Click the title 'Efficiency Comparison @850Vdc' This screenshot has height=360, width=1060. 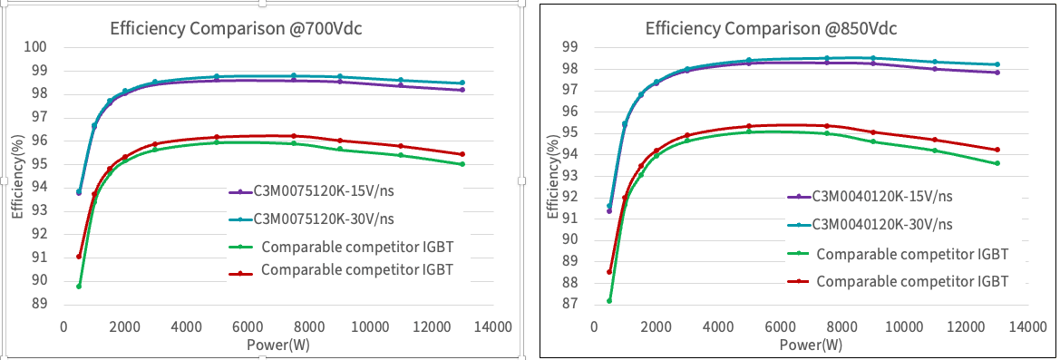(771, 27)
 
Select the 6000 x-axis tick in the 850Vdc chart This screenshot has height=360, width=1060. (781, 326)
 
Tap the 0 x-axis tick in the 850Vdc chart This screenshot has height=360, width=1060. (596, 326)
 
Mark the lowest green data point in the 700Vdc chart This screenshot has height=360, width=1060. (79, 287)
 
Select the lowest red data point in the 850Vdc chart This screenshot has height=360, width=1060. (609, 272)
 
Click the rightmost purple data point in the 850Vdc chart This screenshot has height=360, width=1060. (997, 72)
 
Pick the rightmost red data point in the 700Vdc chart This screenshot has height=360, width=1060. (462, 154)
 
